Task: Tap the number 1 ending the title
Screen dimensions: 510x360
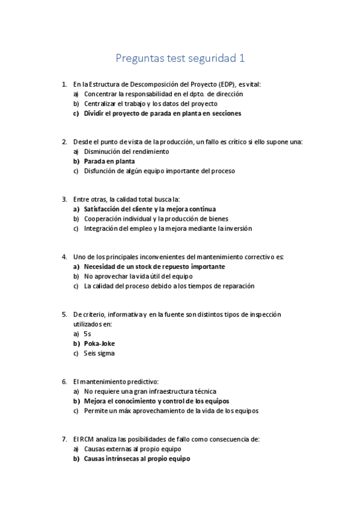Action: [242, 58]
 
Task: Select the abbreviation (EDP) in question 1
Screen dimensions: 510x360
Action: [227, 85]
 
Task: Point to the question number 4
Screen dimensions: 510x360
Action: [64, 257]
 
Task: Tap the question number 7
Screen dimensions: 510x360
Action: [64, 439]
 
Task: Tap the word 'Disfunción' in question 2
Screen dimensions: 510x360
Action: [102, 171]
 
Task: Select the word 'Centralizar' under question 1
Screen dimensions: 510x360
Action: [103, 103]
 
